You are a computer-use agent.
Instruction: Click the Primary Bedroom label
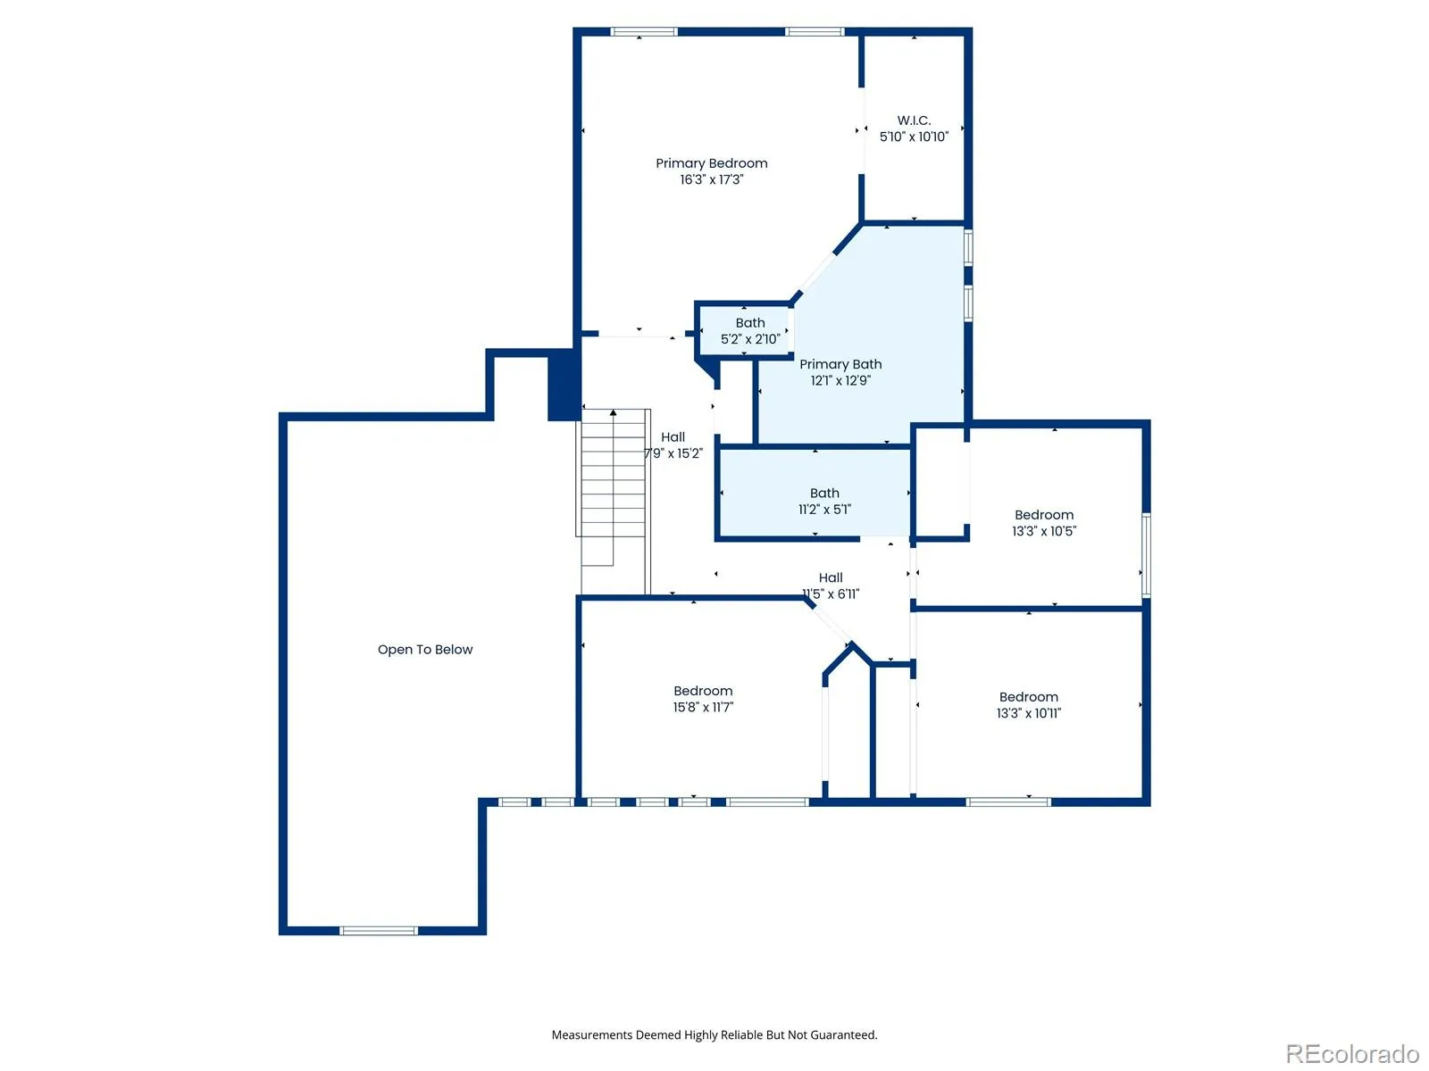(x=711, y=163)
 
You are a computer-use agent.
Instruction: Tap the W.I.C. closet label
(x=914, y=120)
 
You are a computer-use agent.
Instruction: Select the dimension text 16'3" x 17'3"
(x=711, y=179)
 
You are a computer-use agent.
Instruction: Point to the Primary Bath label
(x=840, y=364)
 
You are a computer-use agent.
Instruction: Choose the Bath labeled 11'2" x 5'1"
(x=815, y=494)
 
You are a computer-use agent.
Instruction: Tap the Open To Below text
(x=424, y=649)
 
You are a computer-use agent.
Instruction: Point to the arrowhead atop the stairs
(x=613, y=412)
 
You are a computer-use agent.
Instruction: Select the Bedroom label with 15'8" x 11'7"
(x=703, y=691)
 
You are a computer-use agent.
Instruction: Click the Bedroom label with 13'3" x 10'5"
(x=1043, y=514)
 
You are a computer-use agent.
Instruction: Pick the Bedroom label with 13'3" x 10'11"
(x=1028, y=696)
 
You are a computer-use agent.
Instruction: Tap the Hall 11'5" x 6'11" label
(x=830, y=585)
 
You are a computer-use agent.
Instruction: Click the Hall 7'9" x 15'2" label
(x=673, y=444)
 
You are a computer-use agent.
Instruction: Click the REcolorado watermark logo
(x=1352, y=1053)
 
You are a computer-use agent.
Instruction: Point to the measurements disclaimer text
(x=714, y=1034)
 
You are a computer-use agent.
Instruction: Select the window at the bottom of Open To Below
(x=379, y=931)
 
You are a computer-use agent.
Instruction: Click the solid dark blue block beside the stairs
(x=564, y=385)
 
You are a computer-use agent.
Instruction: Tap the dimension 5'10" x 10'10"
(x=914, y=137)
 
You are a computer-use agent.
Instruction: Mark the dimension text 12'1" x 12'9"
(x=840, y=380)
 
